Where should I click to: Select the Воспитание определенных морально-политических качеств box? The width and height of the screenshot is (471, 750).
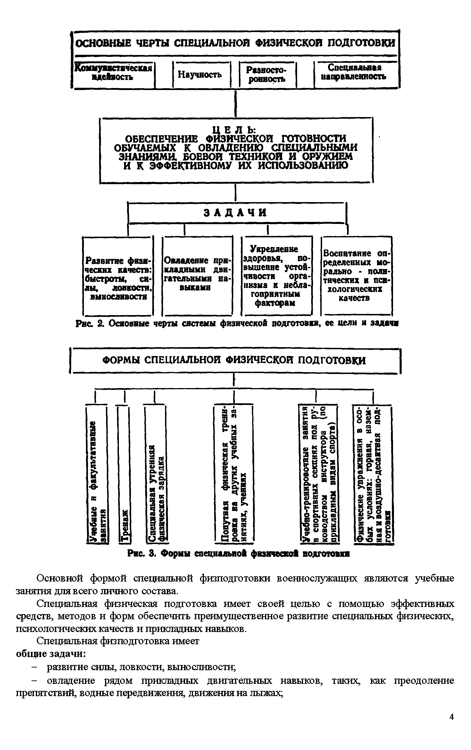pos(356,275)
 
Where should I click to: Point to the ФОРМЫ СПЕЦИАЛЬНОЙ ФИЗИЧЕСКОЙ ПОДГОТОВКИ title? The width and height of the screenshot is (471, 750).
pos(234,361)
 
